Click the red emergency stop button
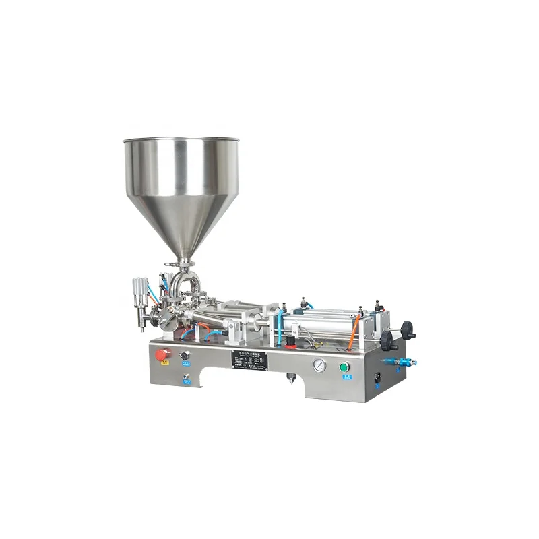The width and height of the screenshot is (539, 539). (x=162, y=354)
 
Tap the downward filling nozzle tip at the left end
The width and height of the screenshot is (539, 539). (x=143, y=328)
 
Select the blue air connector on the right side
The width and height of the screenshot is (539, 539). (x=404, y=362)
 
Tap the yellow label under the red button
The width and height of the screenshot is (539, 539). (x=163, y=368)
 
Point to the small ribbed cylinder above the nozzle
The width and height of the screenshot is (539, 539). (x=139, y=290)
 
